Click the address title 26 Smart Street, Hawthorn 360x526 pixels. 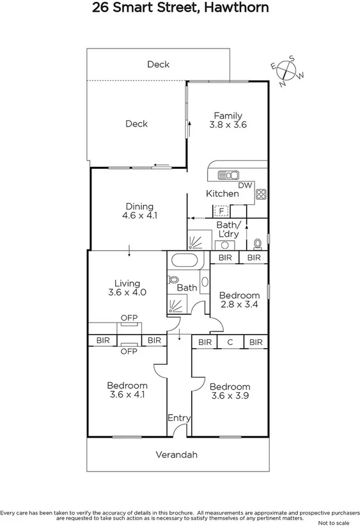[180, 8]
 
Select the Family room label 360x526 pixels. [228, 116]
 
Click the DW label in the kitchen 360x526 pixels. [245, 186]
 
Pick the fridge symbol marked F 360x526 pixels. [221, 211]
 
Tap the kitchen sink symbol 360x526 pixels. [228, 175]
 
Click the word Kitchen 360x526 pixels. [222, 193]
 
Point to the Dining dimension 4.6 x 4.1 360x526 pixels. [139, 216]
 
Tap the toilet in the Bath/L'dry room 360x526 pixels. [257, 243]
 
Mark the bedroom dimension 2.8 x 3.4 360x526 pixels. [239, 305]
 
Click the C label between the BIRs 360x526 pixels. [230, 343]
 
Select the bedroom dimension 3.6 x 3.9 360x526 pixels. [230, 396]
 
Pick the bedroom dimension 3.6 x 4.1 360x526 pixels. [127, 395]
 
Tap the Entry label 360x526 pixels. [179, 418]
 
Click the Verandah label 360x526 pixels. [176, 455]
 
